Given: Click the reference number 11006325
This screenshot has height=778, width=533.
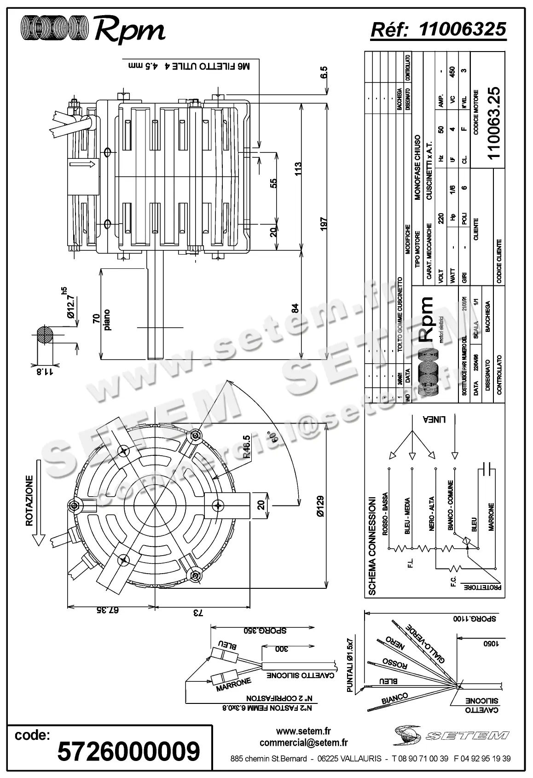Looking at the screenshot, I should click(x=463, y=29).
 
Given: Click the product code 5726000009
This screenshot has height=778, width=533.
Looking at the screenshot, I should click(x=128, y=751).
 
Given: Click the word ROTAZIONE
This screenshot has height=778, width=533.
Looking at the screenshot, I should click(x=29, y=500).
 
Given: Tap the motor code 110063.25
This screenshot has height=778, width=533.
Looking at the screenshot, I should click(x=493, y=122).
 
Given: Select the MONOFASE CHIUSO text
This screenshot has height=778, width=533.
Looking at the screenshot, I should click(x=417, y=167).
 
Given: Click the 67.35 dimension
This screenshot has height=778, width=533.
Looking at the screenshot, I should click(x=108, y=610).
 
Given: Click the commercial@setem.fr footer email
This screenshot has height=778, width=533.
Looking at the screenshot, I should click(x=303, y=742).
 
